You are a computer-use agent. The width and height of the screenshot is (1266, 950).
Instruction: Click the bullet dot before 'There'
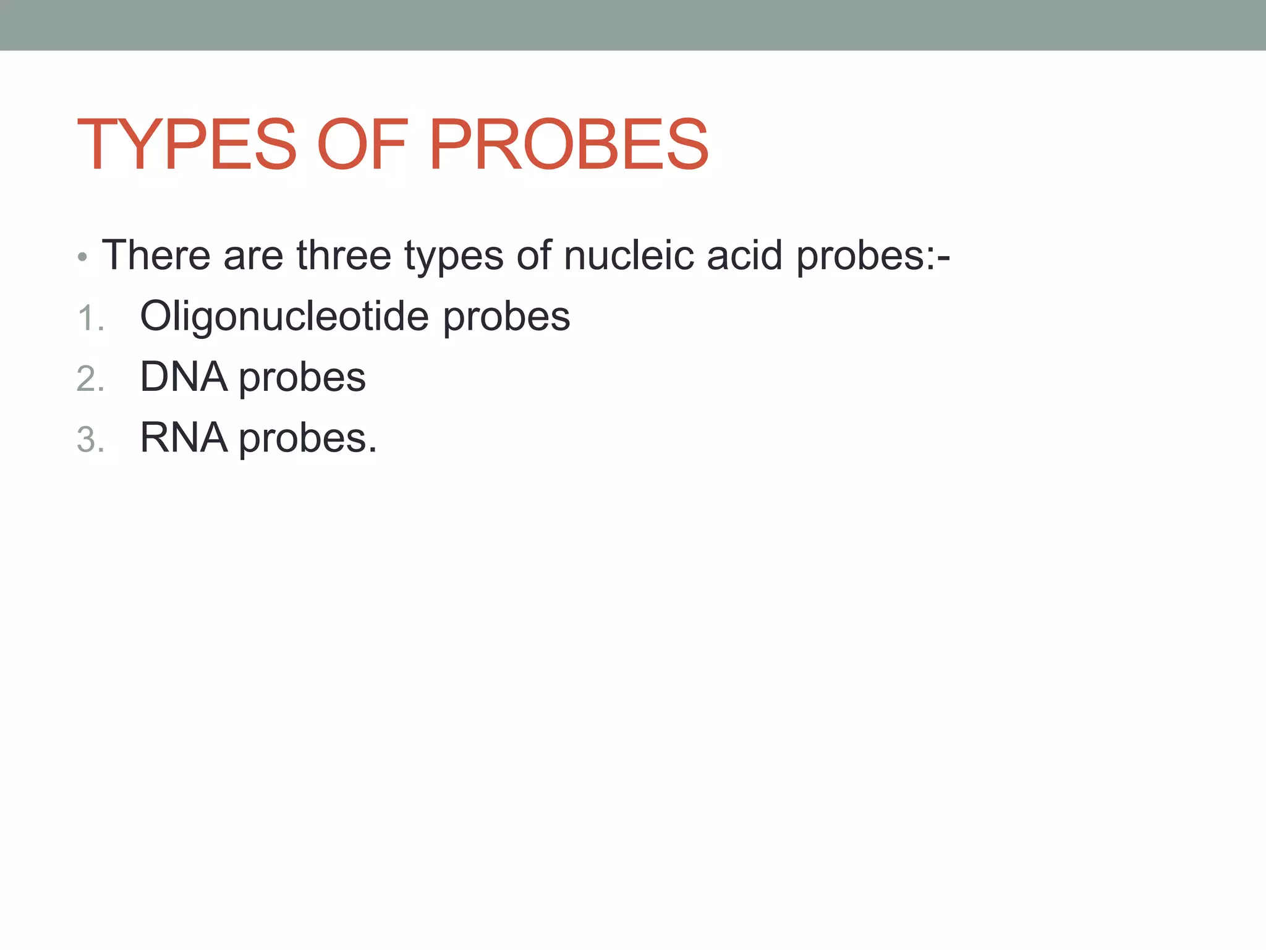(x=83, y=257)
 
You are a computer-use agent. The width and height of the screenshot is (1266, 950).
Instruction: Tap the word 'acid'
(x=744, y=255)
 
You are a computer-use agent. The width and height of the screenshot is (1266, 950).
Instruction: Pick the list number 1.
(x=90, y=319)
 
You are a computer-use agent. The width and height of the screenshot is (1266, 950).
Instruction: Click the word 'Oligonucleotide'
(x=284, y=316)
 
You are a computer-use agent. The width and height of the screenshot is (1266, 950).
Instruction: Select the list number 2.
(x=90, y=379)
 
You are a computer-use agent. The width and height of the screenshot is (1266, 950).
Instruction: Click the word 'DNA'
(x=184, y=377)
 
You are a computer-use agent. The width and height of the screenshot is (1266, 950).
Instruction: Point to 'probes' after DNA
(x=302, y=379)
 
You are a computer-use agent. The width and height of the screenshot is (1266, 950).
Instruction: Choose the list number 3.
(x=90, y=440)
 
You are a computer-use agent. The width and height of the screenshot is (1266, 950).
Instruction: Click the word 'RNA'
(x=184, y=438)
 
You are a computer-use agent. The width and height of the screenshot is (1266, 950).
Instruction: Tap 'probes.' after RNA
(x=308, y=440)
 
